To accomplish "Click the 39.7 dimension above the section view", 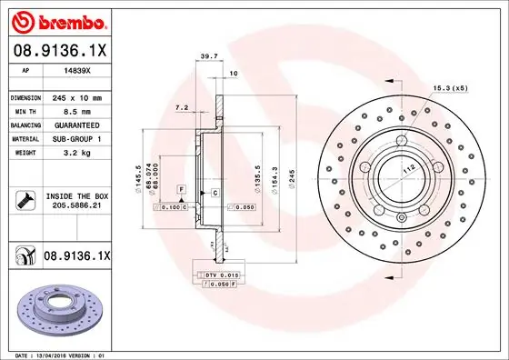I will tap(206, 56).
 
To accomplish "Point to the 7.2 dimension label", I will tap(181, 107).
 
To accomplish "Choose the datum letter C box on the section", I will tap(215, 195).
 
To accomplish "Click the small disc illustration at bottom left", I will tap(62, 306).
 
